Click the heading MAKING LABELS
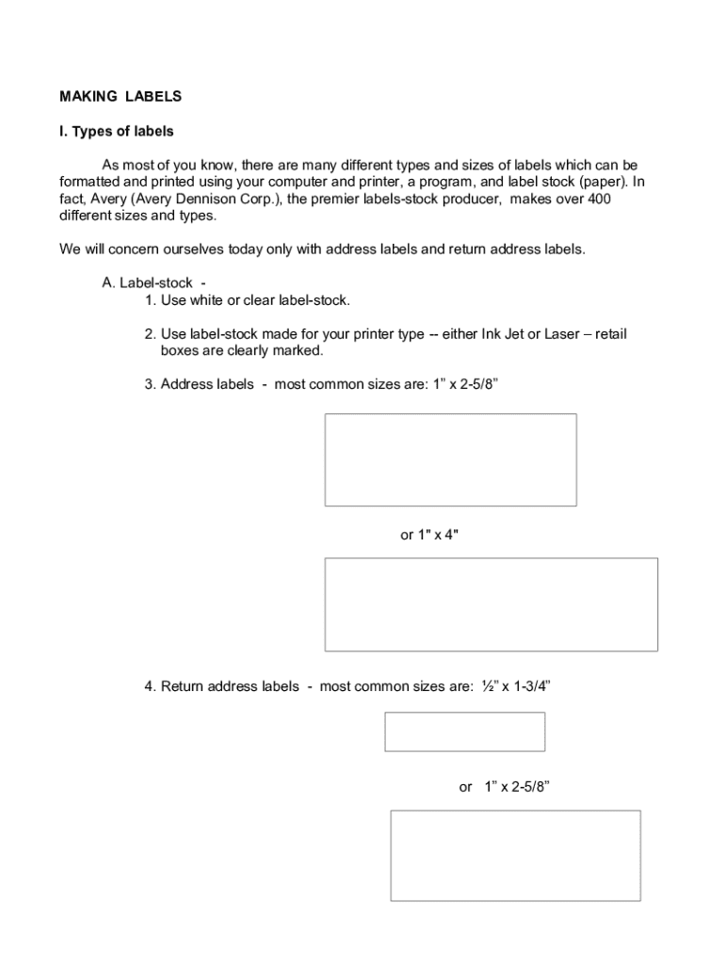121,96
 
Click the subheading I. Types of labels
117,132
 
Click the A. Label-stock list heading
152,282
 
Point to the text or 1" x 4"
429,535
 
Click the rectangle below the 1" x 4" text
491,604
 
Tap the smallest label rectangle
464,731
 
